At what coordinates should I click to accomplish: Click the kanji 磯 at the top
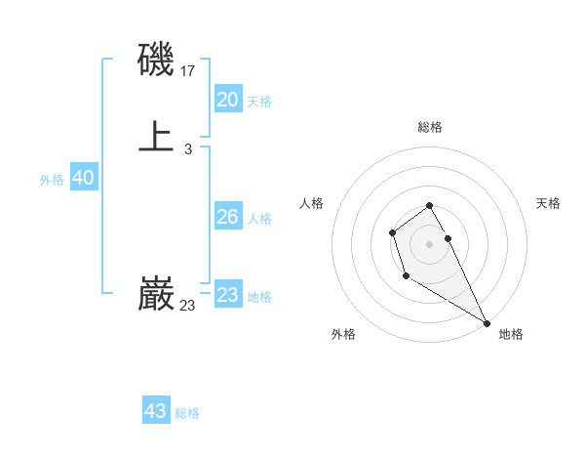pyautogui.click(x=156, y=62)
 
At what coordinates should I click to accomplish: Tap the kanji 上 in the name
pyautogui.click(x=156, y=137)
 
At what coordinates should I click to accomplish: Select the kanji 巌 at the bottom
pyautogui.click(x=156, y=294)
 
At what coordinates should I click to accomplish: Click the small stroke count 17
pyautogui.click(x=188, y=71)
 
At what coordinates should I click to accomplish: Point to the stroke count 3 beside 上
pyautogui.click(x=188, y=148)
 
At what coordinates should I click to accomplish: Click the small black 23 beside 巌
pyautogui.click(x=188, y=306)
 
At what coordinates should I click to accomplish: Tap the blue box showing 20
pyautogui.click(x=228, y=100)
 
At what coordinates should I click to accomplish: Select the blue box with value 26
pyautogui.click(x=228, y=217)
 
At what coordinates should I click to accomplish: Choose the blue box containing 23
pyautogui.click(x=228, y=295)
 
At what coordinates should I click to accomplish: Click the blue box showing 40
pyautogui.click(x=84, y=178)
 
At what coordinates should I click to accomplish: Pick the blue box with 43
pyautogui.click(x=156, y=411)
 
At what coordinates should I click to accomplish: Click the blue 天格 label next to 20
pyautogui.click(x=259, y=102)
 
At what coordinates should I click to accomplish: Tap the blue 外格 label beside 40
pyautogui.click(x=52, y=180)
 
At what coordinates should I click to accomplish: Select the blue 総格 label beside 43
pyautogui.click(x=187, y=413)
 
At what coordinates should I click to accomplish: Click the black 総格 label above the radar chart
pyautogui.click(x=430, y=127)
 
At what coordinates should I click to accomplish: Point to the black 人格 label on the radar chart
pyautogui.click(x=311, y=203)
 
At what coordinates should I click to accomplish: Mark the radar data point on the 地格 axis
pyautogui.click(x=487, y=323)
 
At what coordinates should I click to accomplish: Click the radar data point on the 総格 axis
pyautogui.click(x=430, y=205)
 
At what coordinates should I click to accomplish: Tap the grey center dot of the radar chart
pyautogui.click(x=430, y=243)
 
